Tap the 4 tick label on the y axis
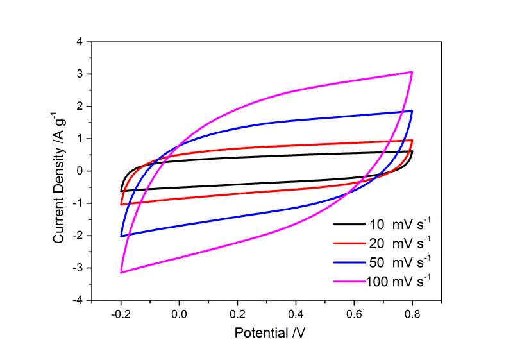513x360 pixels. (80, 42)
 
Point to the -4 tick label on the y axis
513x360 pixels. (78, 300)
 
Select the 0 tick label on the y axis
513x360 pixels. (80, 171)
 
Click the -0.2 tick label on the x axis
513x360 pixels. (120, 314)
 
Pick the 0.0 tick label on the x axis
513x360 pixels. (179, 314)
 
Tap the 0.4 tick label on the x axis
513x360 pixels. (296, 314)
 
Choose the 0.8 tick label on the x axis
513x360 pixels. (412, 314)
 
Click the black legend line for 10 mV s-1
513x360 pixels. (348, 225)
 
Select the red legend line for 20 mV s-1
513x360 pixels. (348, 243)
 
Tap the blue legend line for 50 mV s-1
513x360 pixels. (348, 262)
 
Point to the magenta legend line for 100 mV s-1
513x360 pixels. (348, 280)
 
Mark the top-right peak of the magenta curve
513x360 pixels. (412, 72)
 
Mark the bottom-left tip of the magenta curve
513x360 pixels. (121, 273)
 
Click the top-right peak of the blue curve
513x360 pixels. (412, 111)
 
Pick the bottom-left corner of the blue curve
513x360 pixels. (121, 236)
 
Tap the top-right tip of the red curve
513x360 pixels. (412, 140)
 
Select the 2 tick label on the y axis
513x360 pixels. (80, 107)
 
